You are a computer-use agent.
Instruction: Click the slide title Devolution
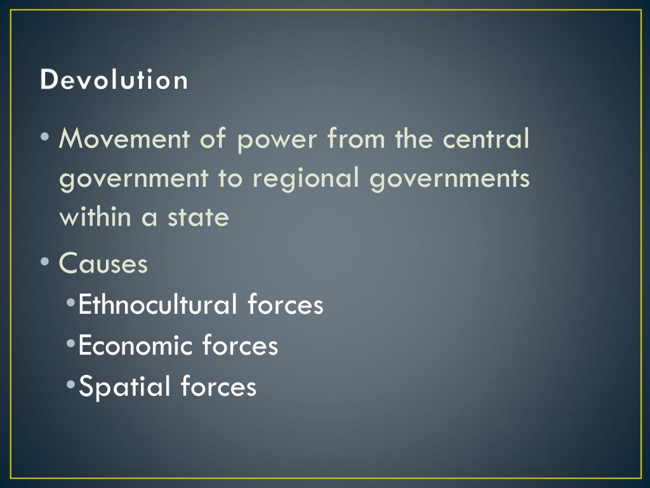pyautogui.click(x=114, y=81)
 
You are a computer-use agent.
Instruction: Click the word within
pyautogui.click(x=96, y=217)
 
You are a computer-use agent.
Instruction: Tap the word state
pyautogui.click(x=197, y=218)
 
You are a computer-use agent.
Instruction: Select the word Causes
pyautogui.click(x=103, y=263)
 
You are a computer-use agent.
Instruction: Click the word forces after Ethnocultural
pyautogui.click(x=286, y=304)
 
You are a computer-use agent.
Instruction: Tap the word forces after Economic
pyautogui.click(x=240, y=346)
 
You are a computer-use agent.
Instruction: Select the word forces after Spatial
pyautogui.click(x=218, y=387)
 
